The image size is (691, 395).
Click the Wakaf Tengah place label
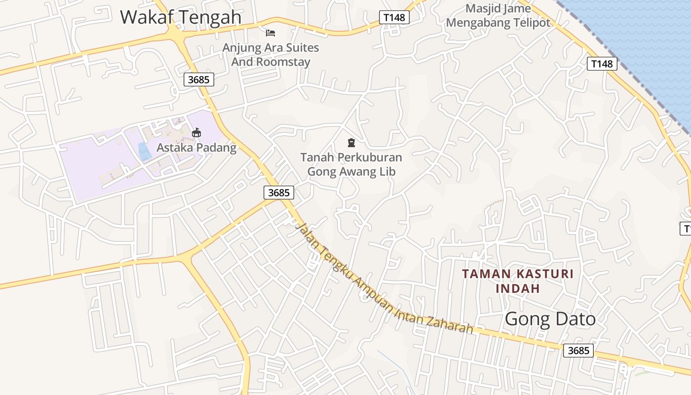tap(181, 17)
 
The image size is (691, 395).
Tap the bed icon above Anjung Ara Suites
tap(270, 33)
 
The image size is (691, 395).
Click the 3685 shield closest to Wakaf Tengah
tap(199, 79)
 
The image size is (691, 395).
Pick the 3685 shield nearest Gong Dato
tap(578, 351)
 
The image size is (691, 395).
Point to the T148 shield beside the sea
tap(602, 64)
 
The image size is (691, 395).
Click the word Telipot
tap(533, 23)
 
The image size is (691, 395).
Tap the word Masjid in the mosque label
tap(484, 9)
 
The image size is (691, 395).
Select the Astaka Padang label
tap(196, 148)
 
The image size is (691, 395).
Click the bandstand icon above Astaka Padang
tap(196, 132)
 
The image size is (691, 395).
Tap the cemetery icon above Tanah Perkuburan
tap(351, 143)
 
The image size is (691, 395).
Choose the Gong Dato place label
tap(550, 319)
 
